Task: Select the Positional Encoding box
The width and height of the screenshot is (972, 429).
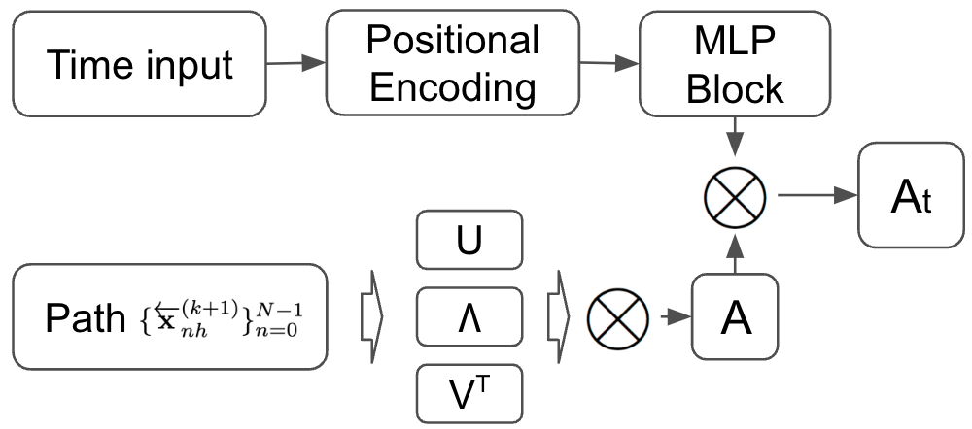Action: click(x=453, y=64)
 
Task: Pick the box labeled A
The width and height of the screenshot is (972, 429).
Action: click(x=736, y=316)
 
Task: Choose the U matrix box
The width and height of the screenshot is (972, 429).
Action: click(x=469, y=240)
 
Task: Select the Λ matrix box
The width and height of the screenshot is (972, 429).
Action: click(x=469, y=316)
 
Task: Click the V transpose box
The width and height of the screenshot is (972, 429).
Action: click(x=469, y=393)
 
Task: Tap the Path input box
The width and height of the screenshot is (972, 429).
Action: click(x=169, y=316)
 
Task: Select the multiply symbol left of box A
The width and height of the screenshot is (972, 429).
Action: click(x=619, y=316)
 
